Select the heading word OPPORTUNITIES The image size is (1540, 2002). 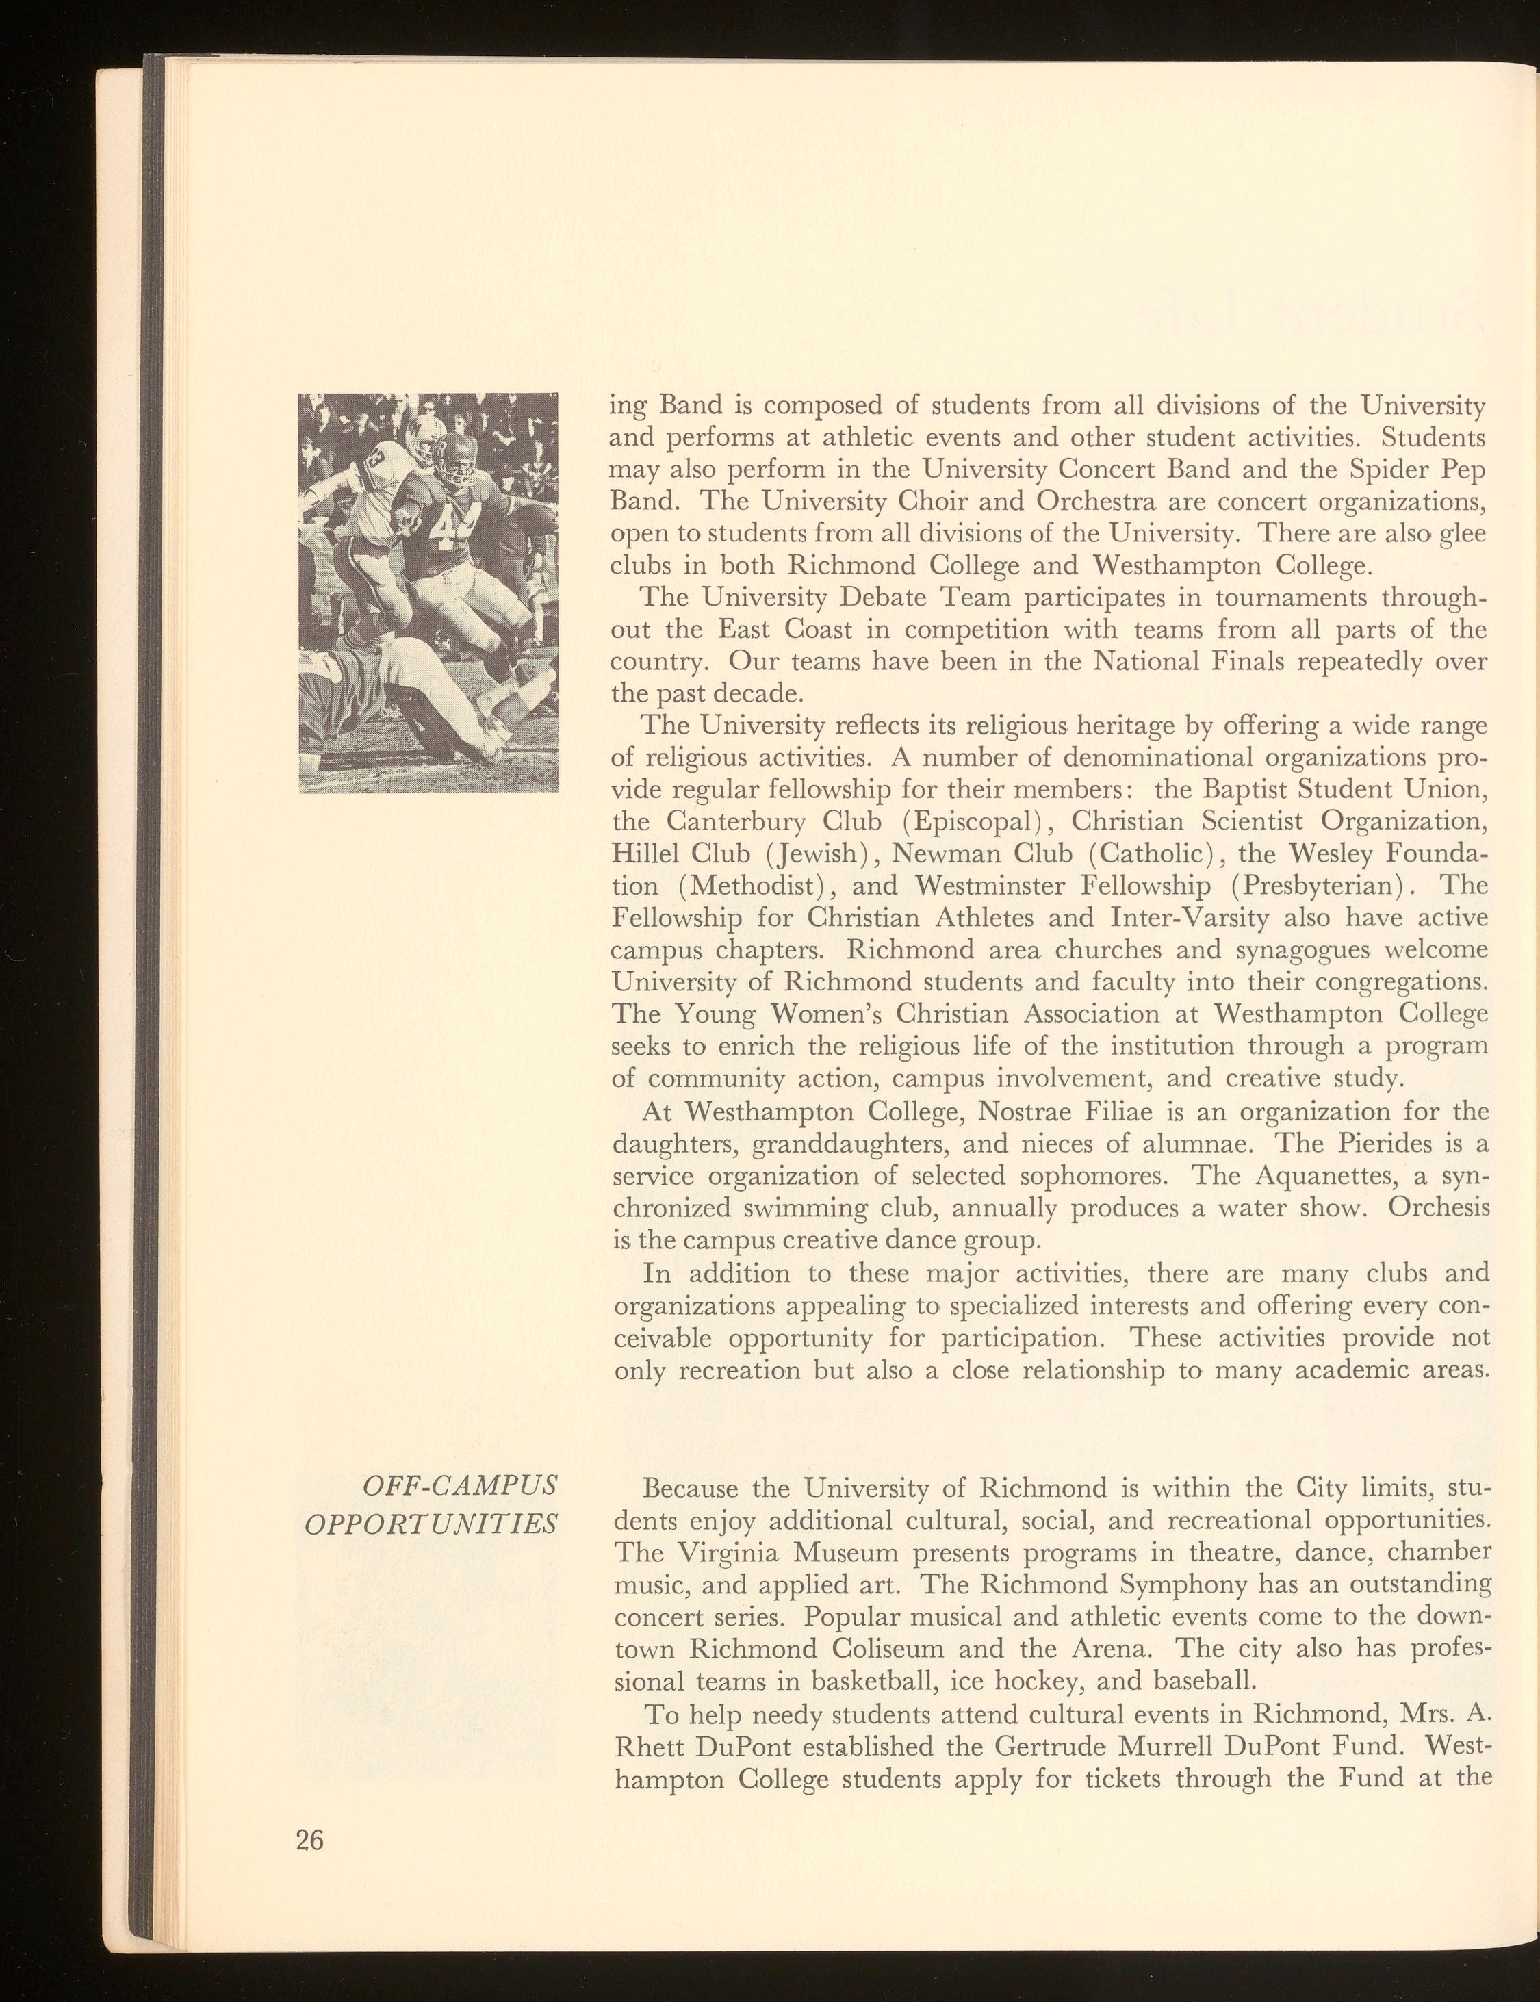pos(431,1523)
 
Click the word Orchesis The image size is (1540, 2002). pos(1437,1208)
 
